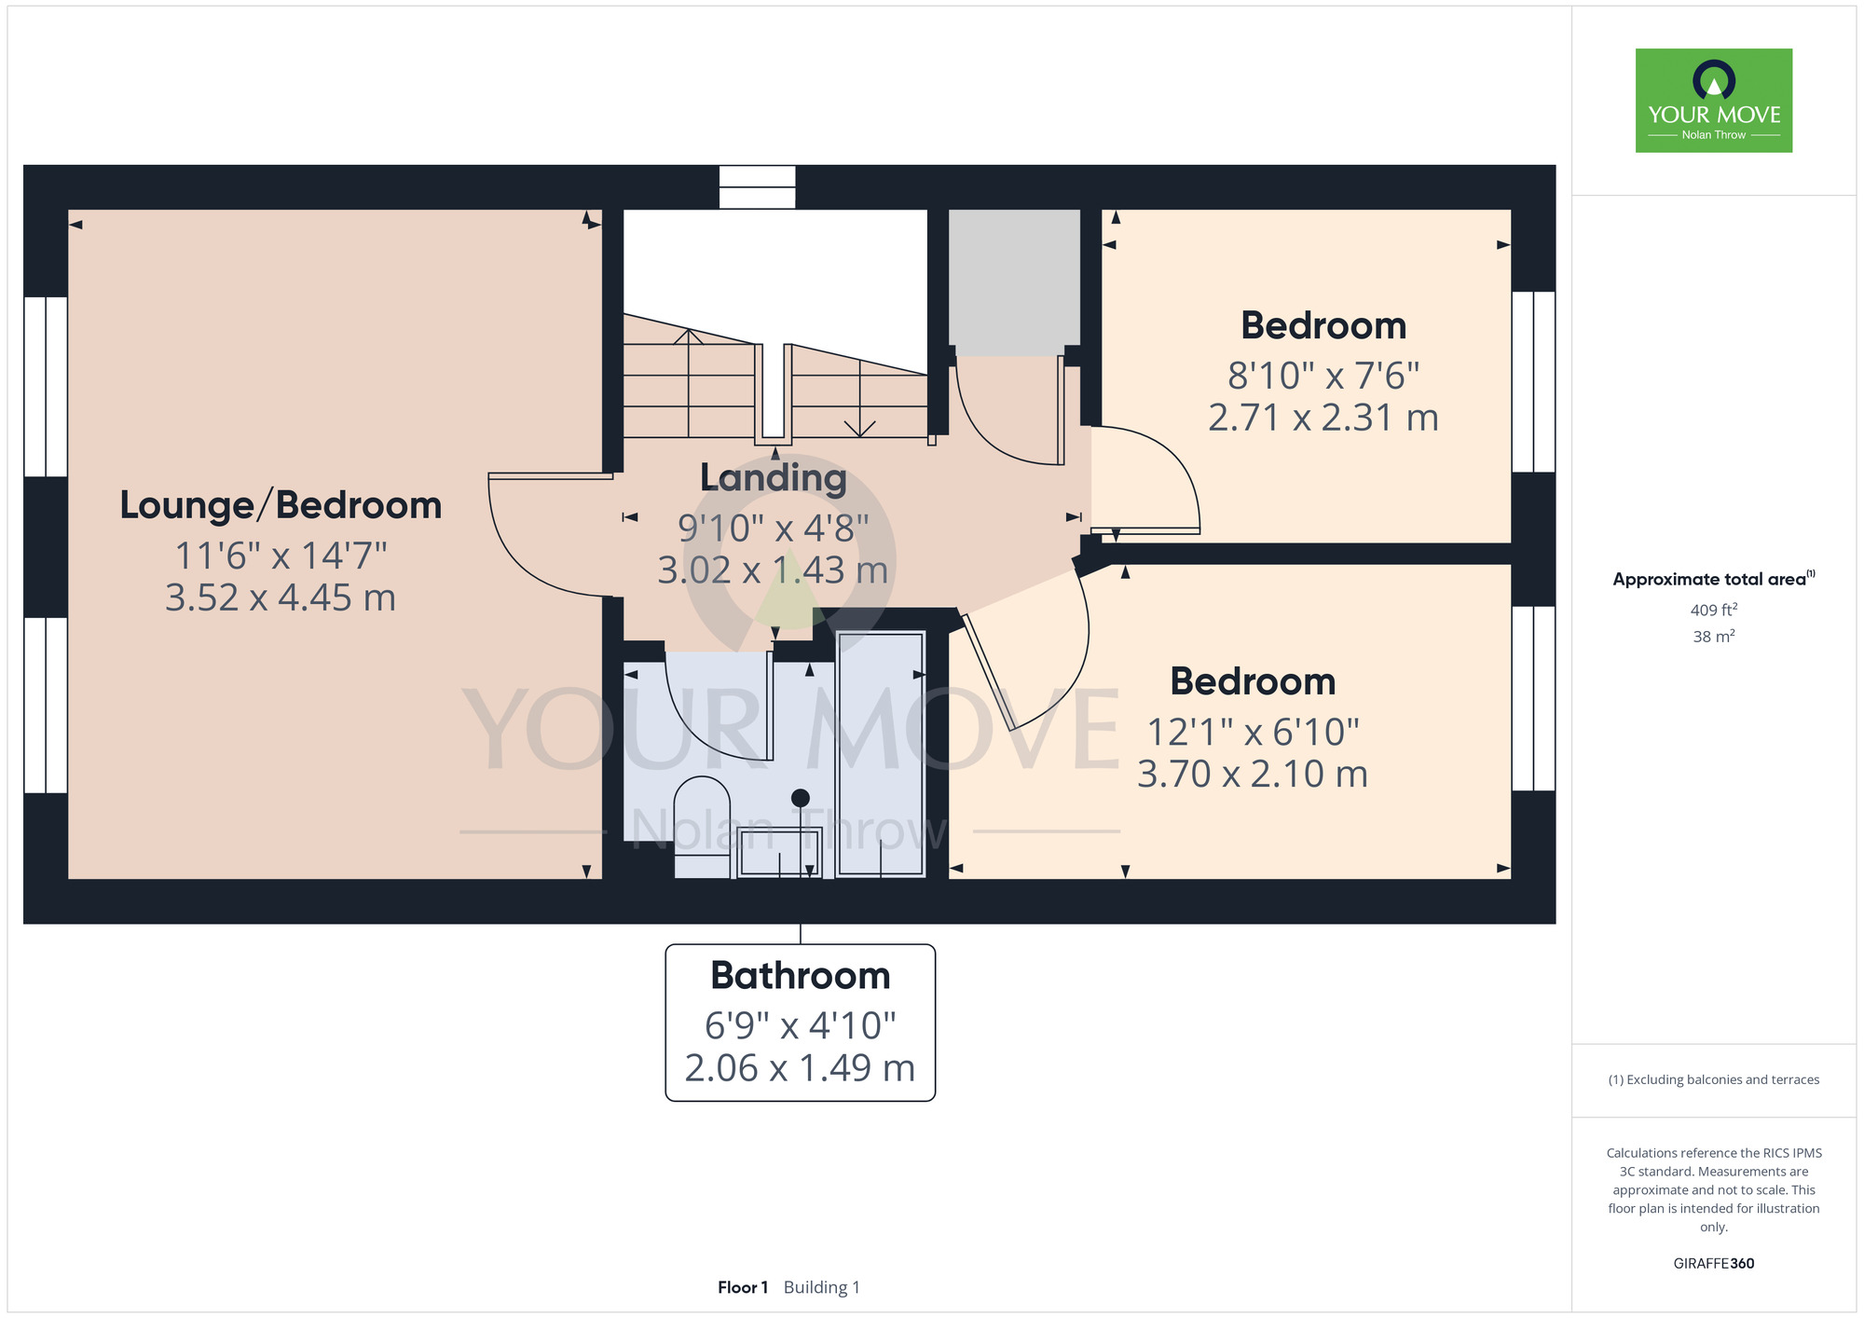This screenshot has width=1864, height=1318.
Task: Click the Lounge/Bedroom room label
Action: click(281, 506)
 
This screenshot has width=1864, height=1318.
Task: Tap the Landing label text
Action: click(774, 478)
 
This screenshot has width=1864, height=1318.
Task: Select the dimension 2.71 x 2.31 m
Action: click(1323, 418)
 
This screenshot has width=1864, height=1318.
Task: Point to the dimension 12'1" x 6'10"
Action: click(1253, 732)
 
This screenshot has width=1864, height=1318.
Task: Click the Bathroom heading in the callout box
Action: click(801, 976)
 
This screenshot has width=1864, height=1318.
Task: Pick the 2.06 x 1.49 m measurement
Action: click(801, 1068)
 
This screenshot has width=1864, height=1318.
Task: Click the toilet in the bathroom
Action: click(702, 827)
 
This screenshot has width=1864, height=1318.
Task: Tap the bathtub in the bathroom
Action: click(881, 754)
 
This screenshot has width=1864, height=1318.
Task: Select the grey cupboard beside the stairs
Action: click(1014, 282)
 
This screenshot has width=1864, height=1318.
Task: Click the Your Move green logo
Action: click(1714, 101)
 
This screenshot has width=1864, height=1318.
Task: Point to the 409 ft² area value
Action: click(1714, 610)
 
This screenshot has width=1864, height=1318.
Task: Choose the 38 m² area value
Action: click(1714, 637)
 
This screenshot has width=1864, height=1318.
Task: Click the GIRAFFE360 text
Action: click(1714, 1264)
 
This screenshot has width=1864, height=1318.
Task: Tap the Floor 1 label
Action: click(743, 1287)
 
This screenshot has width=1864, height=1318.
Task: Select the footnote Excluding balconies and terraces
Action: click(1714, 1079)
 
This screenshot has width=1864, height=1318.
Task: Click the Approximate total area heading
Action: click(1714, 579)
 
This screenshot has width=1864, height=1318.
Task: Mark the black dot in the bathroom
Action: click(801, 798)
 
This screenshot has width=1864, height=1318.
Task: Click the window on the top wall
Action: click(758, 187)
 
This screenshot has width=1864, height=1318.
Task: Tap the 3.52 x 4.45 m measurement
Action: click(281, 597)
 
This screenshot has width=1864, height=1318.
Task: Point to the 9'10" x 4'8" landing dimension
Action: click(774, 528)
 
